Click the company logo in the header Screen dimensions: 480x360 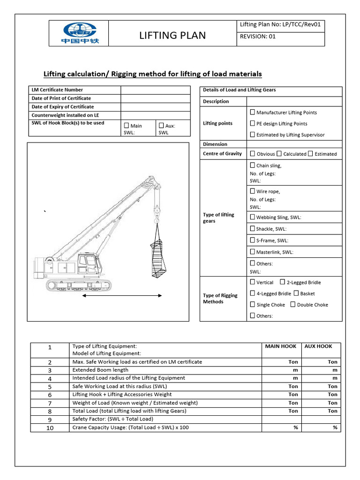point(78,33)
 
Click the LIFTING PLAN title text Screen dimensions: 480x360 point(172,36)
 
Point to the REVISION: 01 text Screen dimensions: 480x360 point(258,39)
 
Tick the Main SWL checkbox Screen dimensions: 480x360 point(126,126)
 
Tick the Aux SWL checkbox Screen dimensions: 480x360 point(161,126)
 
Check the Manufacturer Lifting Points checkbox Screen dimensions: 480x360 point(253,112)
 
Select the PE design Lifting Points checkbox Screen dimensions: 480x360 point(253,123)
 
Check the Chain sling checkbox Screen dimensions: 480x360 point(253,165)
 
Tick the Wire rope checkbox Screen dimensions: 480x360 point(253,191)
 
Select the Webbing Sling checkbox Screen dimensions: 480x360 point(253,217)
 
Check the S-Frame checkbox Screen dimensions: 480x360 point(253,240)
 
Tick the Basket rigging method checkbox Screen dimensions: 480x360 point(296,293)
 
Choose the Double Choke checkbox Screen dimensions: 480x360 point(292,304)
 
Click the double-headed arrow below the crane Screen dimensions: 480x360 point(122,296)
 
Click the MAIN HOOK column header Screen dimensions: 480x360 point(280,346)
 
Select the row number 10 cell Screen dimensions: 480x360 point(50,427)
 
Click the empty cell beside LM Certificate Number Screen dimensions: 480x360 point(156,90)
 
